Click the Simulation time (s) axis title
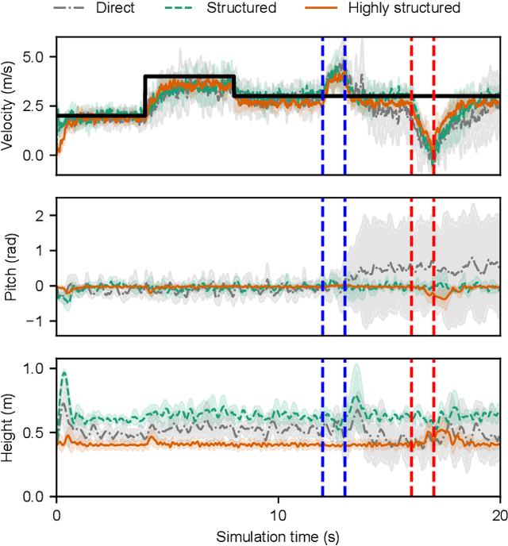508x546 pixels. [x=278, y=536]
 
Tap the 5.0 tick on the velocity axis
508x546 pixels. [x=35, y=56]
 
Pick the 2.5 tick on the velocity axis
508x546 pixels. [x=35, y=106]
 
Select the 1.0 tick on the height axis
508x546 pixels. [x=35, y=369]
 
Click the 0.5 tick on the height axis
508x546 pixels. [x=35, y=433]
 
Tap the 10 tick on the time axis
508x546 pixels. [x=278, y=513]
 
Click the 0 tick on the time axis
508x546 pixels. [x=56, y=513]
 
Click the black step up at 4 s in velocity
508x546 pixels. [x=144, y=95]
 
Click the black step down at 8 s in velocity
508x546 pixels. [x=233, y=86]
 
